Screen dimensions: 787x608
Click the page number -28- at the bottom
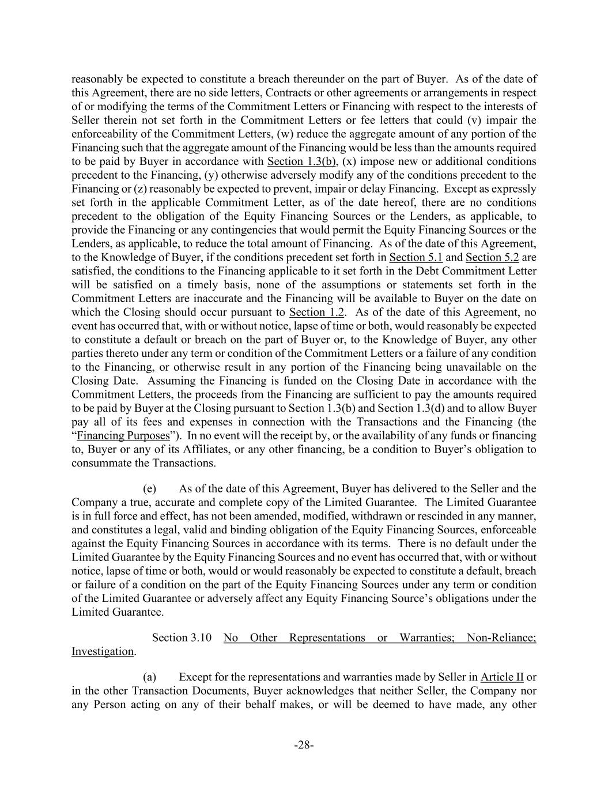pyautogui.click(x=304, y=745)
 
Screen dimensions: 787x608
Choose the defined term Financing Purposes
pyautogui.click(x=123, y=436)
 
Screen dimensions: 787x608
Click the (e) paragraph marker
pyautogui.click(x=149, y=488)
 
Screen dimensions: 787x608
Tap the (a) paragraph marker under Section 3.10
pyautogui.click(x=149, y=677)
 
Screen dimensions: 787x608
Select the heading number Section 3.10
pyautogui.click(x=182, y=638)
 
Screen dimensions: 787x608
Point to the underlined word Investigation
pyautogui.click(x=103, y=652)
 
